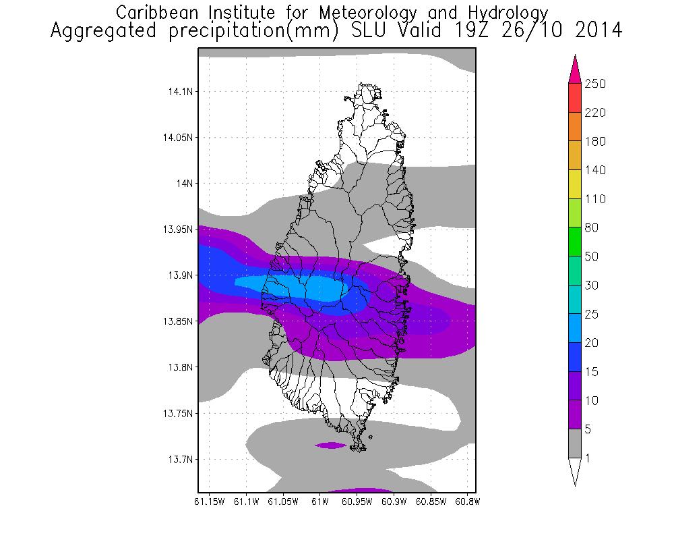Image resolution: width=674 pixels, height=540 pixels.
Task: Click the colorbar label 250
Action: coord(596,84)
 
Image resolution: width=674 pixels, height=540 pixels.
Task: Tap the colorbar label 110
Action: coord(596,199)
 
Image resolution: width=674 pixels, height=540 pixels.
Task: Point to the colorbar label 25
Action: coord(593,315)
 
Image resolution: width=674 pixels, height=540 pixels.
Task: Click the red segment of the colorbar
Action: coord(574,98)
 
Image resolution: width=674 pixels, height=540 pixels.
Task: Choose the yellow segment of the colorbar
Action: coord(574,184)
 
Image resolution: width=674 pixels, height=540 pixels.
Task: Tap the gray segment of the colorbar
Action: coord(574,443)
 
